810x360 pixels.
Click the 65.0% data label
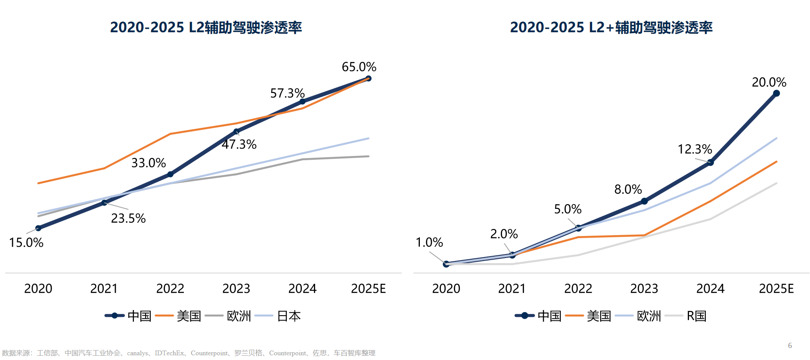[359, 67]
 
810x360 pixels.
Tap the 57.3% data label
[287, 93]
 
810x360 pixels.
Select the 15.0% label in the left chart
[26, 242]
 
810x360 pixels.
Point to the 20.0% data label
[769, 82]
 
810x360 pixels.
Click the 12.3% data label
[695, 149]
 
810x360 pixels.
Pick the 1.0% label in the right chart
[429, 242]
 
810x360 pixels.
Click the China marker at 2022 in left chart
[170, 174]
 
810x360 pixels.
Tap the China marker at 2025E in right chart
[776, 93]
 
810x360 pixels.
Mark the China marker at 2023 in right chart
[644, 201]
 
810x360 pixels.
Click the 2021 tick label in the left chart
[104, 289]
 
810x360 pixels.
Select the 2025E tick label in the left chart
[368, 289]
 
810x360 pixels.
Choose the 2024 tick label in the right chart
[710, 289]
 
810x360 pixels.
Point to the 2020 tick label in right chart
[446, 289]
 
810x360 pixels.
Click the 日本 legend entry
[289, 316]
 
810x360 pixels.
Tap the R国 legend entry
[696, 316]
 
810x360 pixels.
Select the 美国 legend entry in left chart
[189, 316]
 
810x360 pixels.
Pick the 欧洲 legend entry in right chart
[649, 316]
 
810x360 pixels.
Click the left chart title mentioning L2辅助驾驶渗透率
[206, 28]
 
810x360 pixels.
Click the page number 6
[790, 345]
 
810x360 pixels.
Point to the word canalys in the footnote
[137, 353]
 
